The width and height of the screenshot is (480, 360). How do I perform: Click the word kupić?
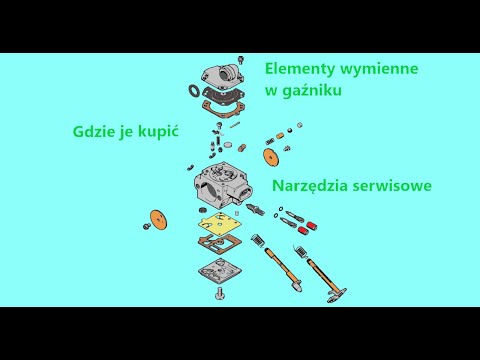coord(169,131)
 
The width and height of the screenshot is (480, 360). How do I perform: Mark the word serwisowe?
coord(402,187)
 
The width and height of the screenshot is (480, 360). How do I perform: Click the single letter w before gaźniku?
coord(271,93)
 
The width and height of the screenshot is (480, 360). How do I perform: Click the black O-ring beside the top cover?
coord(192,93)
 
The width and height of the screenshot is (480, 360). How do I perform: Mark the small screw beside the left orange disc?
coord(146,228)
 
